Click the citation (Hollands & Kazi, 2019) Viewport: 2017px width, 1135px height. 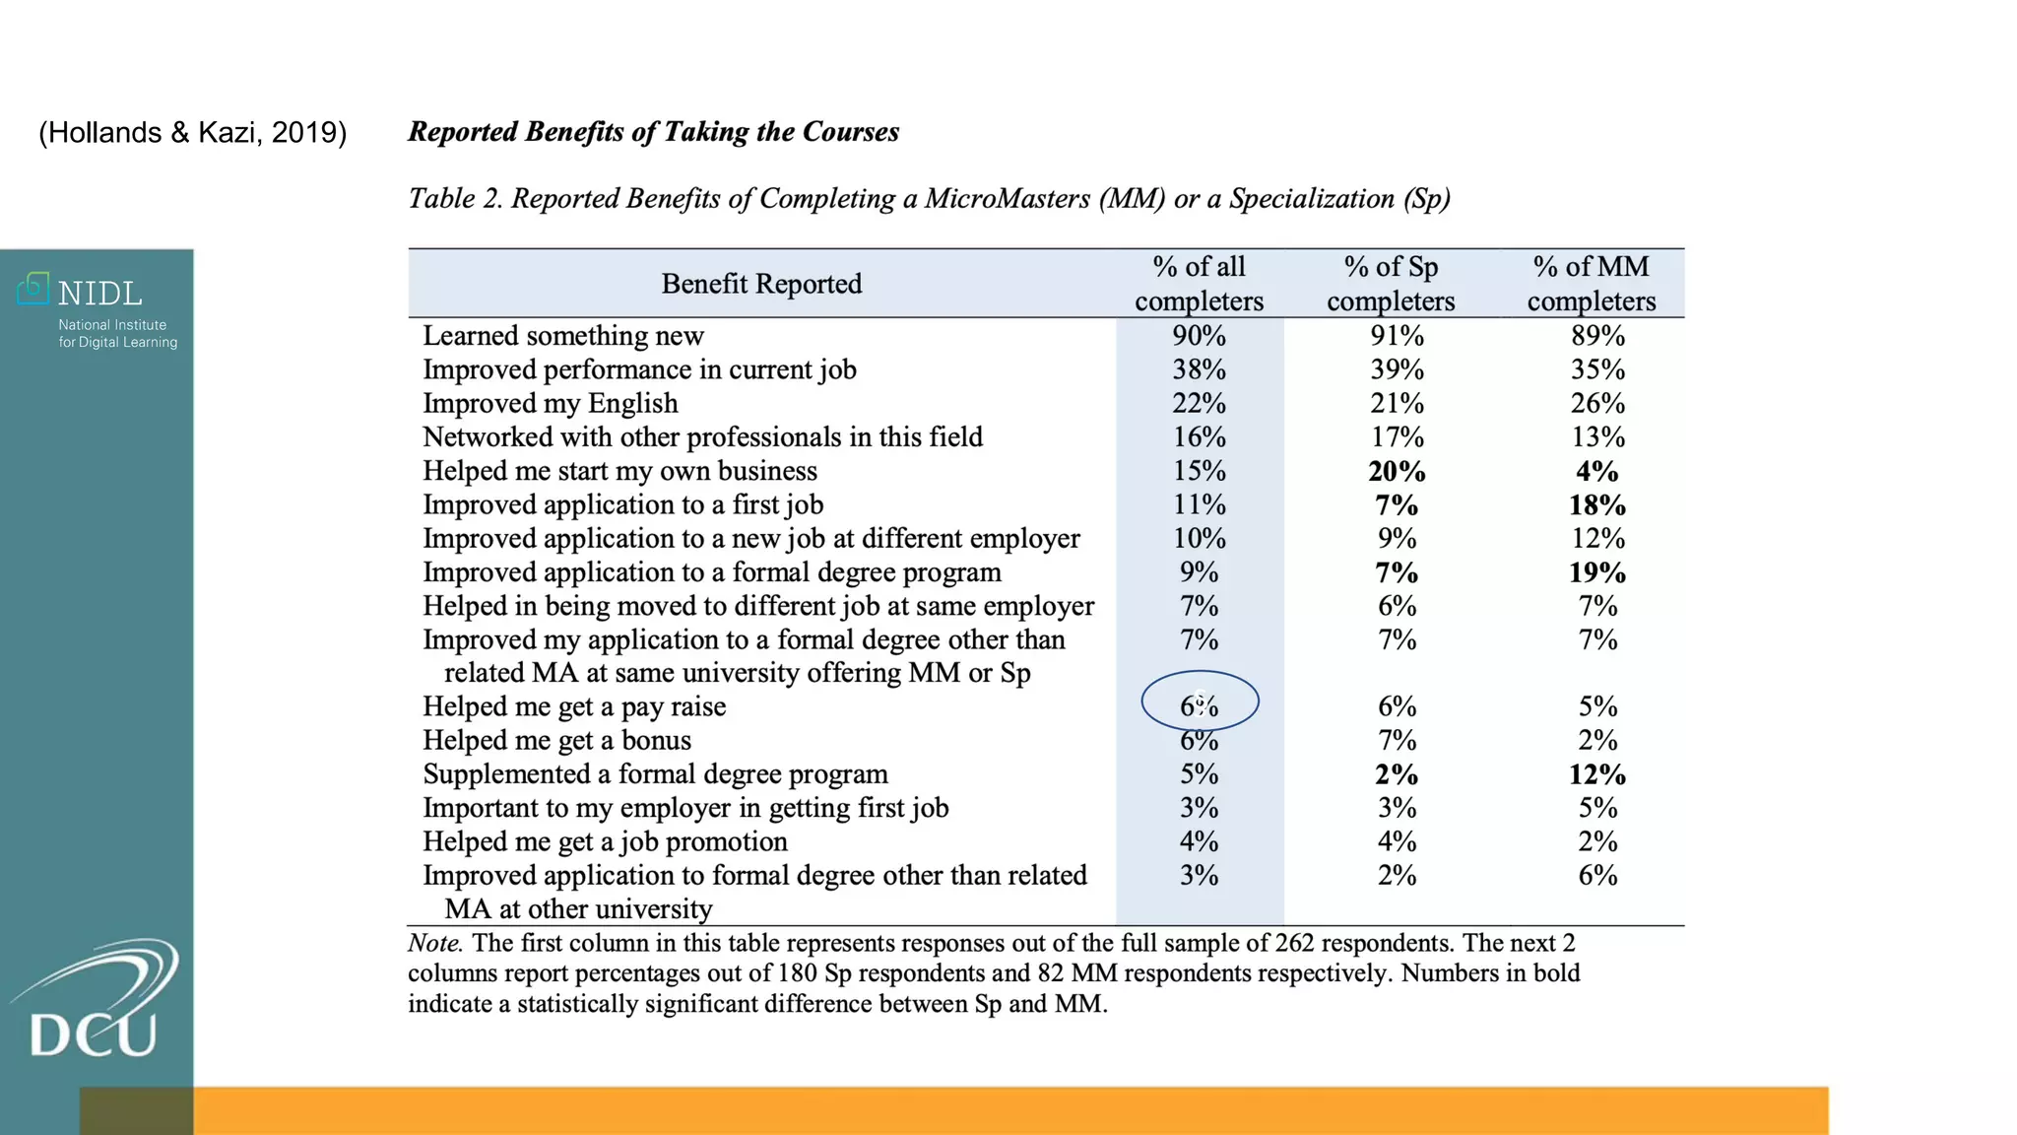tap(192, 132)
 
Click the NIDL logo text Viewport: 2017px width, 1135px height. tap(99, 294)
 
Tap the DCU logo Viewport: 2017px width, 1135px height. tap(95, 1005)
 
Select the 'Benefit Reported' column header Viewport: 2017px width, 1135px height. tap(761, 284)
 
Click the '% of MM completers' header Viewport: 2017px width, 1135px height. tap(1591, 284)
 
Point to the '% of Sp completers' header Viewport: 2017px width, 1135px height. tap(1391, 284)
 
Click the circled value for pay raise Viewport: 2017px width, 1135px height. tap(1200, 705)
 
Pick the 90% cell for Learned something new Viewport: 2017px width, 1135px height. tap(1199, 336)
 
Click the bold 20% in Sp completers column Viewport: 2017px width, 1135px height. tap(1397, 471)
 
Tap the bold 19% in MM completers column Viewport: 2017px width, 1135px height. tap(1596, 572)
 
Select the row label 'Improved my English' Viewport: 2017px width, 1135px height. tap(551, 403)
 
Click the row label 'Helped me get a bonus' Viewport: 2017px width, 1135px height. tap(556, 740)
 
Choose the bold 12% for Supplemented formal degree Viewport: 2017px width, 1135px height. tap(1596, 774)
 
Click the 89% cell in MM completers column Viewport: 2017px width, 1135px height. tap(1597, 336)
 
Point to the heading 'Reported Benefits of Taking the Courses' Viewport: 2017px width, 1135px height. tap(653, 132)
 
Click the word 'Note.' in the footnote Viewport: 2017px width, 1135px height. tap(434, 943)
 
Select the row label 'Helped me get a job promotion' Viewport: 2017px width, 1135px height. tap(605, 841)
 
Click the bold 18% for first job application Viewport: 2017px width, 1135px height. tap(1596, 505)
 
